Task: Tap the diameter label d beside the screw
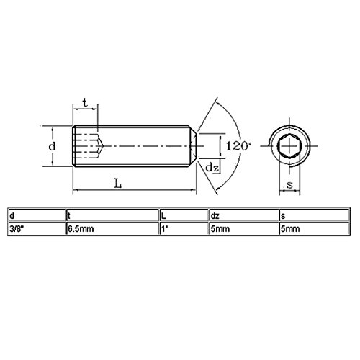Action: click(x=51, y=146)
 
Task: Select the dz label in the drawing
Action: click(x=212, y=168)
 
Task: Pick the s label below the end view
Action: click(x=288, y=185)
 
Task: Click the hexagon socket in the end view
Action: click(x=288, y=146)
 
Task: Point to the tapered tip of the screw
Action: click(x=192, y=146)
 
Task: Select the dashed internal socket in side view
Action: click(x=89, y=146)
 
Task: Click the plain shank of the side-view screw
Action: click(x=144, y=146)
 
